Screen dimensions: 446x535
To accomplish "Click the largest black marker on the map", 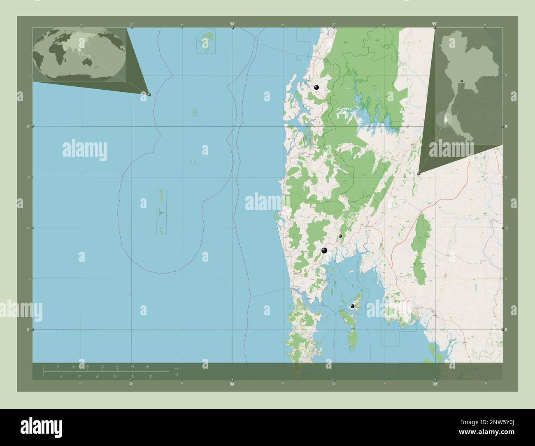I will coord(325,250).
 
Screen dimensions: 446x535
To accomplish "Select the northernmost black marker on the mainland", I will coord(316,87).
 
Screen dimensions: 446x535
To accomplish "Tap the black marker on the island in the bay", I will coord(352,306).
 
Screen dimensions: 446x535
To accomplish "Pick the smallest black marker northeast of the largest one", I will coord(340,236).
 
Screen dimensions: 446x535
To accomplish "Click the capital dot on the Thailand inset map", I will coord(462,81).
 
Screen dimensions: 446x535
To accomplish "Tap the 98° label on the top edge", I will coord(233,24).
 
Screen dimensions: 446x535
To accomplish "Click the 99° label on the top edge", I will coord(434,24).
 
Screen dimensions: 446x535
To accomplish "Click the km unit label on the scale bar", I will coord(177,368).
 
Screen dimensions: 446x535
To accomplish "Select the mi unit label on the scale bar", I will coord(176,375).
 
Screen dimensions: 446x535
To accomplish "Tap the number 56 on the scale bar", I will coord(147,366).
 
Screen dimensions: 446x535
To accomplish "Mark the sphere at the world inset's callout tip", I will coord(149,94).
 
